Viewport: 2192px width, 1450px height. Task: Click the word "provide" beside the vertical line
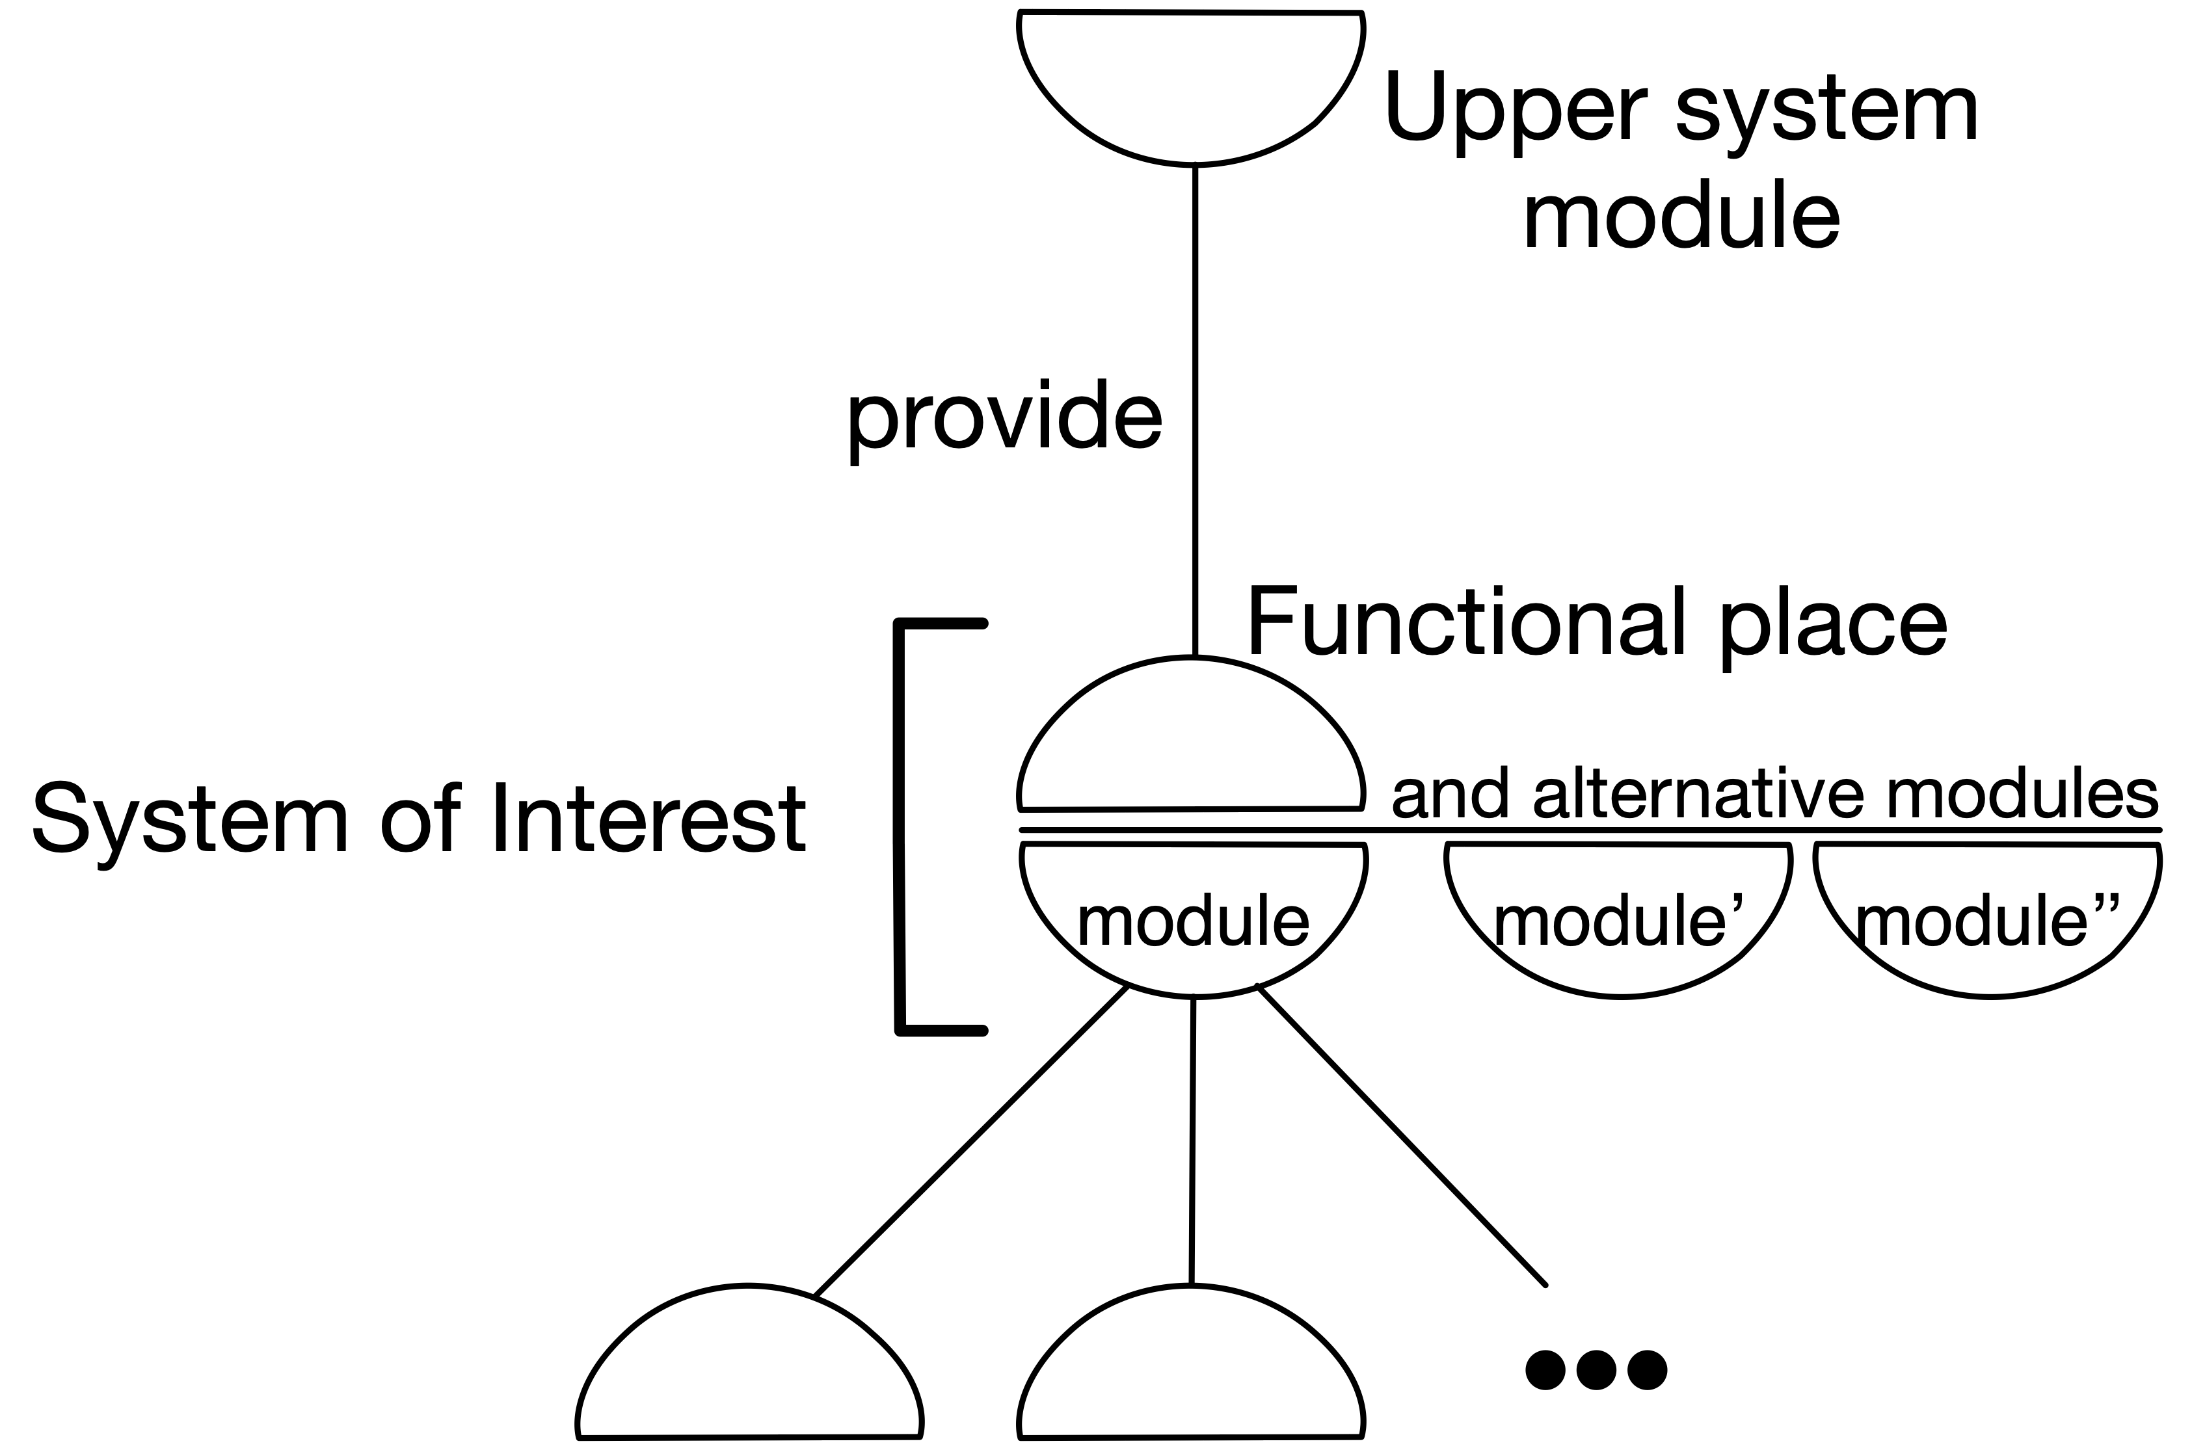point(1004,419)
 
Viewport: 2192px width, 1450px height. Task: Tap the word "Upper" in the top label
point(1515,109)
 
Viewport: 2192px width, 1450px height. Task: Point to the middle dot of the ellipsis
point(1596,1369)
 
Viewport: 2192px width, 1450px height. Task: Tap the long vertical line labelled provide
point(1194,407)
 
